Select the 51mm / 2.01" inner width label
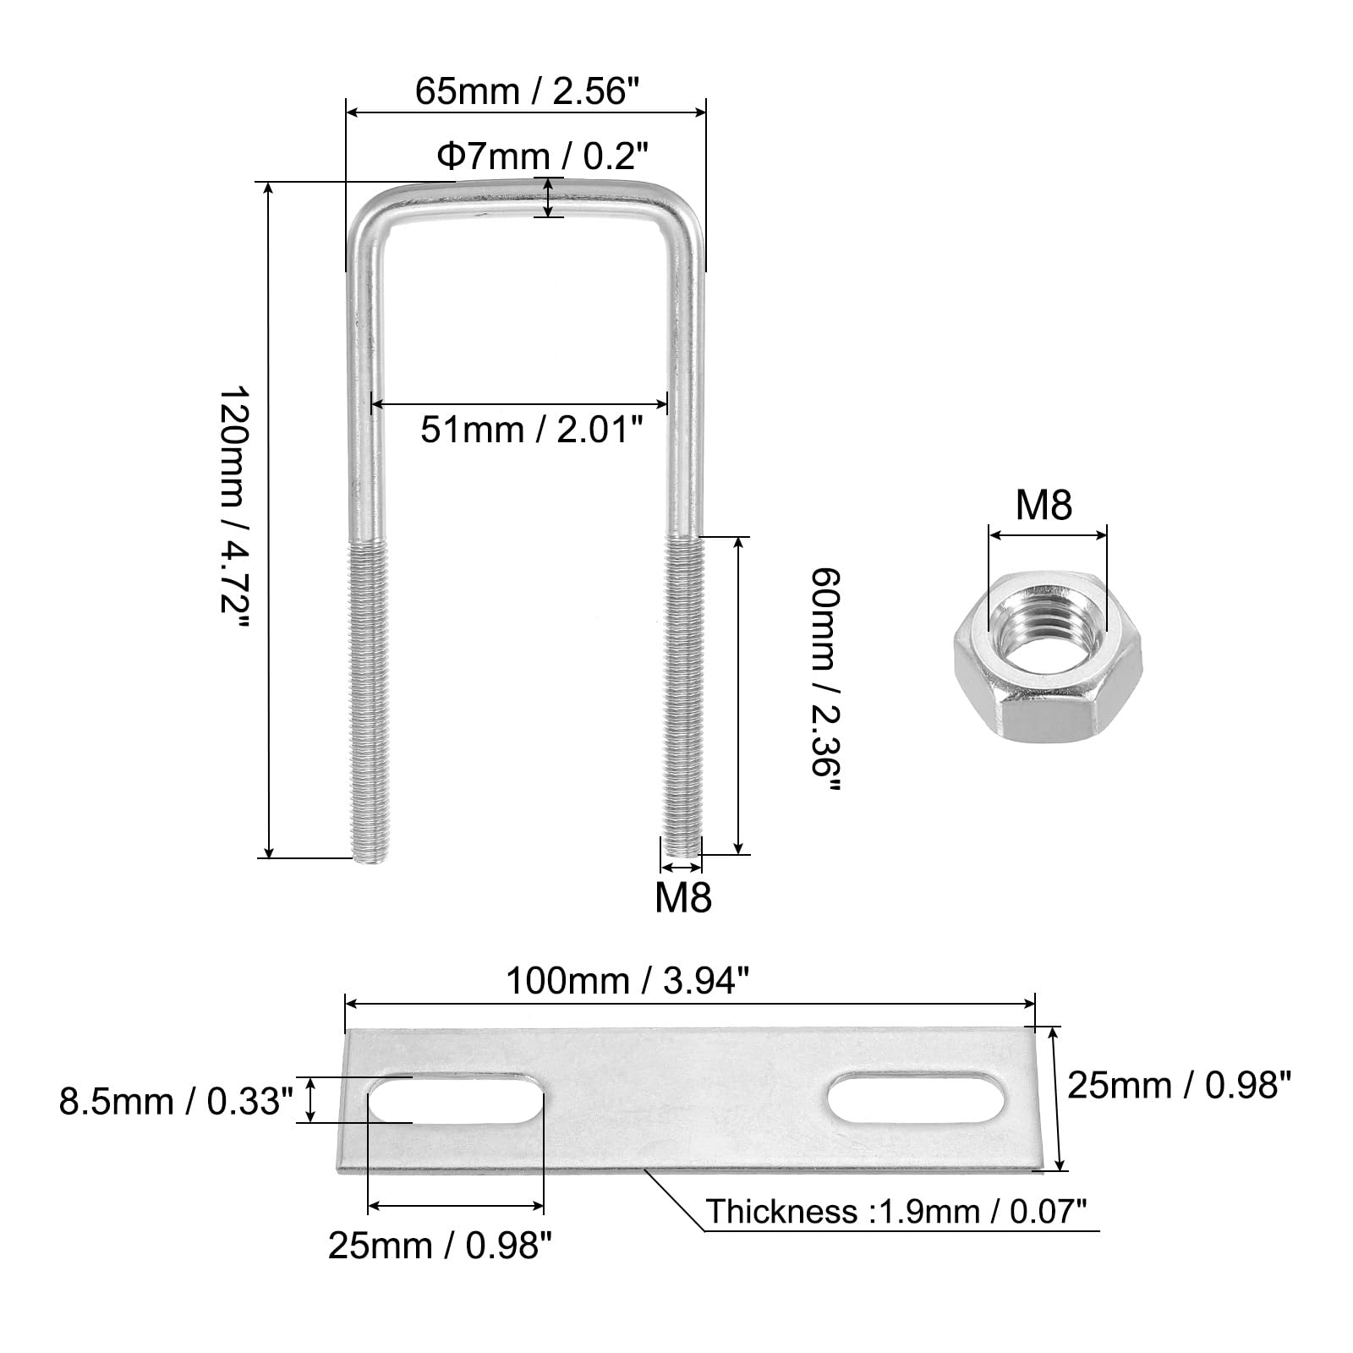532,430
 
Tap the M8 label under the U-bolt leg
683,897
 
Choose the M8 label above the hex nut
1044,505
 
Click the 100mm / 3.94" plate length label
627,981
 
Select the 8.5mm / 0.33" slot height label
176,1102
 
